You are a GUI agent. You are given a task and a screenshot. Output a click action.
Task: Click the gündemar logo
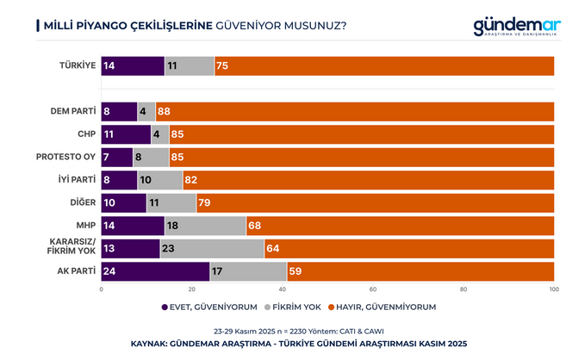click(516, 27)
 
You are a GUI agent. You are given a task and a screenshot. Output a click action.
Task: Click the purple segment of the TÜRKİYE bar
click(133, 65)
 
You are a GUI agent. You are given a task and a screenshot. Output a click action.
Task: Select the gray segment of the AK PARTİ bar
click(248, 270)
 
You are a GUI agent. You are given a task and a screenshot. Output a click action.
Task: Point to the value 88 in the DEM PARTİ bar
click(164, 111)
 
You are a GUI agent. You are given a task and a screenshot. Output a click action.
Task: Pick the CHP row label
click(84, 133)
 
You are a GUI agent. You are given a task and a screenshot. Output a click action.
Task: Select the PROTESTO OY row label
click(65, 156)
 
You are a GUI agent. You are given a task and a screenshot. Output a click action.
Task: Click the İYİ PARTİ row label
click(74, 179)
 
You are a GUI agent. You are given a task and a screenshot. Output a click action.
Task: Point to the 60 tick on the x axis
click(373, 289)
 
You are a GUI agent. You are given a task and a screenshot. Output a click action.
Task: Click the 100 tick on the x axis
click(553, 289)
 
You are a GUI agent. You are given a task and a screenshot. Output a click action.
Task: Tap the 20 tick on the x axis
click(192, 289)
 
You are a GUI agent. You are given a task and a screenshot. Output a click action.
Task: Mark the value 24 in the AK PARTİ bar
click(109, 270)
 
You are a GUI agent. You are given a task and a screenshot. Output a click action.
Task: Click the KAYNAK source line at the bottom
click(292, 343)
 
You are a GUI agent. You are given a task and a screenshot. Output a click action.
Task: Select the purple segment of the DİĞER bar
click(124, 202)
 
